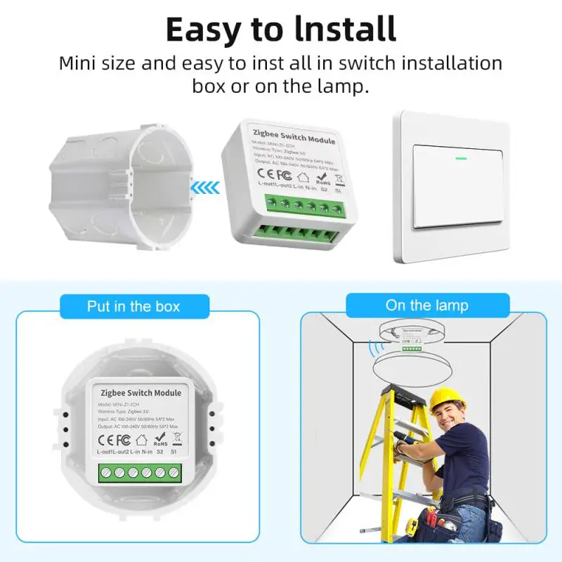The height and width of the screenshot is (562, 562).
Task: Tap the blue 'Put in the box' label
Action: [133, 306]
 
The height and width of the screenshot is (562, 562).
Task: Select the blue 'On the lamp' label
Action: [426, 306]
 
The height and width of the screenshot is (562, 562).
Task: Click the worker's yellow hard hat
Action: [447, 398]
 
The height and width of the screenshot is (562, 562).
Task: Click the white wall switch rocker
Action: [460, 186]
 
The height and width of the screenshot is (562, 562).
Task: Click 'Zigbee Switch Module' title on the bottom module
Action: [141, 393]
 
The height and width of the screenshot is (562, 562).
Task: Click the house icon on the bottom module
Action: [140, 440]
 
